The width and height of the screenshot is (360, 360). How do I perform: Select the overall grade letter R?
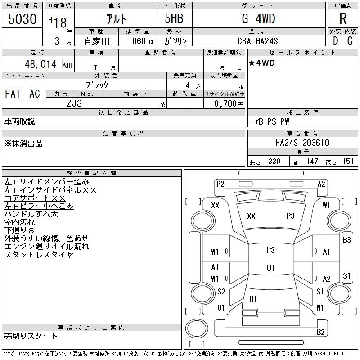[x=343, y=18]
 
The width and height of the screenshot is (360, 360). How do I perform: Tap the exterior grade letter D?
[x=335, y=40]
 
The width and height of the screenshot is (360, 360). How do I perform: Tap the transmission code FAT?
[x=13, y=94]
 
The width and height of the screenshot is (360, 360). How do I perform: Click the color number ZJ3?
[x=74, y=103]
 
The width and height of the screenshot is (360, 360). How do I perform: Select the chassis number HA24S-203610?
[x=302, y=143]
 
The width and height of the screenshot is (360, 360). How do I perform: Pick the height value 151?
[x=348, y=162]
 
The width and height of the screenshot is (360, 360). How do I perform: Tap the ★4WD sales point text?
[x=261, y=63]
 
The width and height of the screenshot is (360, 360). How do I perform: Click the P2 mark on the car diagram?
[x=220, y=184]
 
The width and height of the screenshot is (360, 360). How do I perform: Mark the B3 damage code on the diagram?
[x=346, y=240]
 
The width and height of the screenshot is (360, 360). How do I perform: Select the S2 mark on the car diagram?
[x=221, y=292]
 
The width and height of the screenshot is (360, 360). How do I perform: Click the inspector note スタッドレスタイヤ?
[x=39, y=254]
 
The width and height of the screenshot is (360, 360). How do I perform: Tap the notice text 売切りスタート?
[x=31, y=336]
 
